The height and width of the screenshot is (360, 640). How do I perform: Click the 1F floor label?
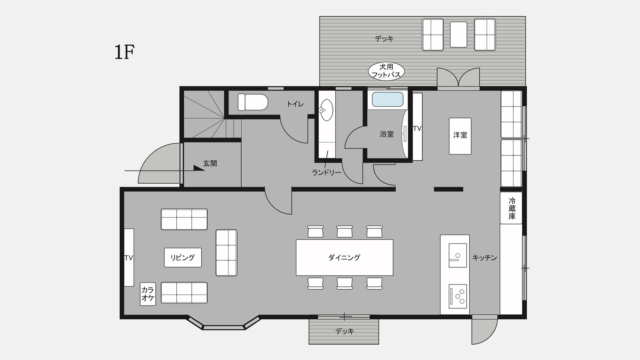(x=124, y=52)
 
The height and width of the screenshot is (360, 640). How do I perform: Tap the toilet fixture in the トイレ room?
(x=253, y=102)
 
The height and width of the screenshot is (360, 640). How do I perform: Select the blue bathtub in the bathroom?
(x=388, y=100)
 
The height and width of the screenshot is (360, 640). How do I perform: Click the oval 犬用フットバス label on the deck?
(x=386, y=71)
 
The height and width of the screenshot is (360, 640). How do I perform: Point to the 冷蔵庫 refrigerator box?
(x=511, y=208)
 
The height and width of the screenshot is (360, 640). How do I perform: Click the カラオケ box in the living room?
(x=148, y=294)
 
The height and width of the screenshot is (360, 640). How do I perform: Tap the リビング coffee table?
(x=183, y=258)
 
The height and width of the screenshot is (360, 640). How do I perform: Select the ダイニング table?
(x=344, y=258)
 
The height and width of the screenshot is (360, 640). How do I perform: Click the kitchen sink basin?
(x=457, y=255)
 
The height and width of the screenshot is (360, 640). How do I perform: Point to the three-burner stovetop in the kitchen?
(x=458, y=296)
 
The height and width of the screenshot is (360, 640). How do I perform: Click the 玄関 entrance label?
(x=210, y=164)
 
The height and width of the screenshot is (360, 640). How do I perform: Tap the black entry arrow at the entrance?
(x=199, y=168)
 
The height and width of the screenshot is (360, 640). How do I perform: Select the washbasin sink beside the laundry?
(x=326, y=110)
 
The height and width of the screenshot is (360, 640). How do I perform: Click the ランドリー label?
(x=326, y=173)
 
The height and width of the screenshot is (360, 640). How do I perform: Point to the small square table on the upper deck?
(x=459, y=35)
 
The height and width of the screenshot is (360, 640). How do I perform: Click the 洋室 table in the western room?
(x=460, y=136)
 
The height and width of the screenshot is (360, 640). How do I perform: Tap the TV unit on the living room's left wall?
(x=129, y=258)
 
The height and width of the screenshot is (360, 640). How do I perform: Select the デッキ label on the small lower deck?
(x=344, y=332)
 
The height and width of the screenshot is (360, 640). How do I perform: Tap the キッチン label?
(x=484, y=258)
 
